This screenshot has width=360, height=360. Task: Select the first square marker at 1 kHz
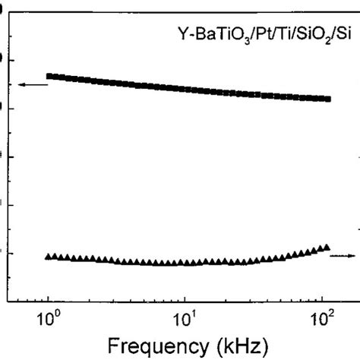pyautogui.click(x=49, y=76)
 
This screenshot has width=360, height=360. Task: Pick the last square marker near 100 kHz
pyautogui.click(x=327, y=99)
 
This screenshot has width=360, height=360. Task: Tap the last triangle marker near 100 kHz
pyautogui.click(x=327, y=247)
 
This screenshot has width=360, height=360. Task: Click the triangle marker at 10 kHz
pyautogui.click(x=185, y=263)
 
